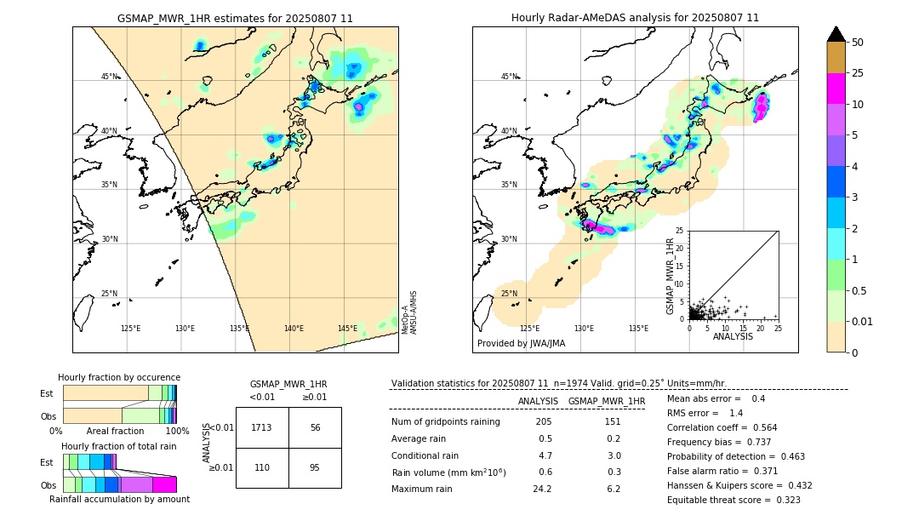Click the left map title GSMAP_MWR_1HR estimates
tap(235, 18)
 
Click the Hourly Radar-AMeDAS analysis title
tap(635, 18)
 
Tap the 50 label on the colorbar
tap(858, 43)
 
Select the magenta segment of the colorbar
tap(836, 89)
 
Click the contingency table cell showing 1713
tap(262, 427)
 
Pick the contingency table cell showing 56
tap(315, 427)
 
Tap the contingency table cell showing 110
tap(262, 468)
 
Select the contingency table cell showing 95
tap(315, 468)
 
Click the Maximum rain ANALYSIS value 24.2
tap(542, 489)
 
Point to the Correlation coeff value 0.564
tap(759, 428)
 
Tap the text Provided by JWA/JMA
tap(521, 344)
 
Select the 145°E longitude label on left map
tap(347, 329)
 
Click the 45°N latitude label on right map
tap(509, 77)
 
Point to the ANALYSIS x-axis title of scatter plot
tap(733, 336)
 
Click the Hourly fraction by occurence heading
tap(119, 377)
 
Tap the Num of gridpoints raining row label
tap(445, 422)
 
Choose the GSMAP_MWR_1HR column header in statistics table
tap(606, 401)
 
